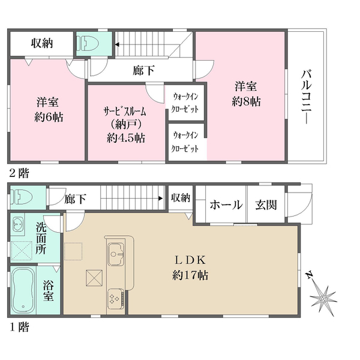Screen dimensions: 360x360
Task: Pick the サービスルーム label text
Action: pyautogui.click(x=125, y=112)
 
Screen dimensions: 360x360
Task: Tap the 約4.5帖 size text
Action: pyautogui.click(x=125, y=137)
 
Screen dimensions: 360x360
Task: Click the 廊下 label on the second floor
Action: pyautogui.click(x=143, y=70)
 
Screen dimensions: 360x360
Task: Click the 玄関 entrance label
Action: pyautogui.click(x=266, y=205)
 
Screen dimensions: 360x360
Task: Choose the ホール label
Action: pyautogui.click(x=226, y=205)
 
